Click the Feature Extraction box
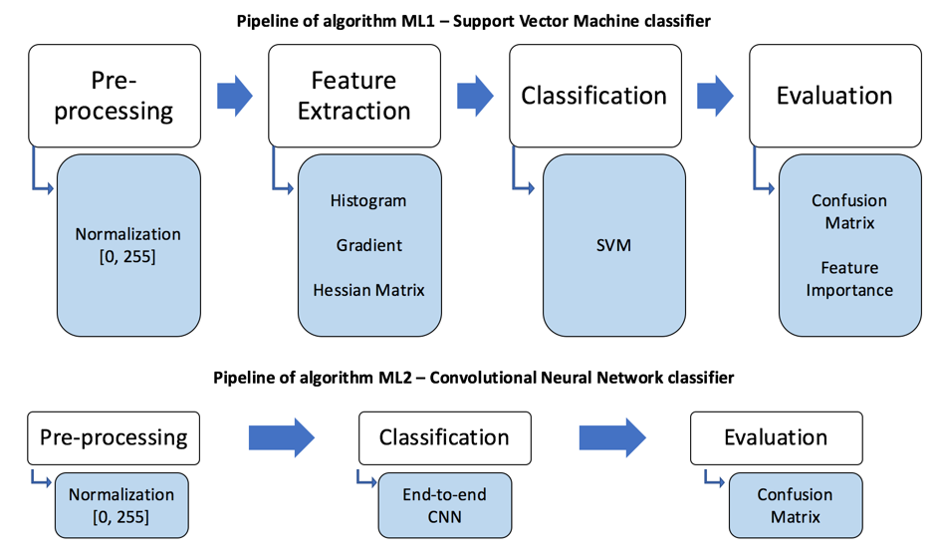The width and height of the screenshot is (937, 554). [x=353, y=95]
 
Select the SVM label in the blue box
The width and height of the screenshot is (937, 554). [x=613, y=244]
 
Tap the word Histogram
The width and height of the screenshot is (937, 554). [x=368, y=200]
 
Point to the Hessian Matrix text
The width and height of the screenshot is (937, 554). [x=368, y=290]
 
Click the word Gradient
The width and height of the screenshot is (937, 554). [x=368, y=245]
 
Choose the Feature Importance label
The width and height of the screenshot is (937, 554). [x=849, y=279]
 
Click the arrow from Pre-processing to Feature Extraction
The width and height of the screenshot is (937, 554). [x=234, y=96]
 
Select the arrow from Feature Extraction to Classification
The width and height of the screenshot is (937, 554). [x=475, y=96]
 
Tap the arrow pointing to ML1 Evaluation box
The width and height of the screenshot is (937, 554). [x=715, y=96]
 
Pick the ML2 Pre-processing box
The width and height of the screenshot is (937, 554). [x=114, y=437]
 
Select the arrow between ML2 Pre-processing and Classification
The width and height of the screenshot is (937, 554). [x=281, y=437]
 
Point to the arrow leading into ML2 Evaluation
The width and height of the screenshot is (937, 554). [x=612, y=437]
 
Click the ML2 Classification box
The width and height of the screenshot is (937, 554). [x=444, y=437]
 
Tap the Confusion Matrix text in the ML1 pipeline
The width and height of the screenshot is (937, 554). [x=849, y=211]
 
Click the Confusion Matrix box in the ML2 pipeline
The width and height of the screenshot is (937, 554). [x=795, y=505]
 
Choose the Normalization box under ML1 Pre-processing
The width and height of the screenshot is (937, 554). [x=128, y=245]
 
